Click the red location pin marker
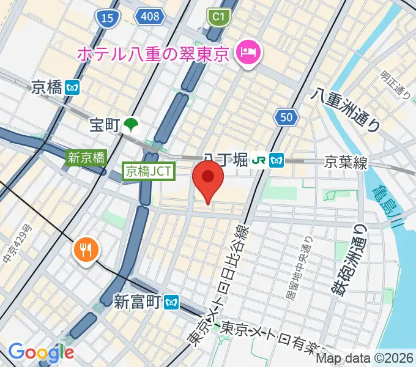click(208, 179)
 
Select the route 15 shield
click(108, 19)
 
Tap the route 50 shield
click(287, 118)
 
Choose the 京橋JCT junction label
click(149, 172)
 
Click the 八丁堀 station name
click(226, 160)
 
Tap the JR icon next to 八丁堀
click(259, 160)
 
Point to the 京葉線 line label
click(345, 162)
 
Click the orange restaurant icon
click(85, 249)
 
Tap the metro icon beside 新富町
click(172, 301)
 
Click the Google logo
click(41, 352)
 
